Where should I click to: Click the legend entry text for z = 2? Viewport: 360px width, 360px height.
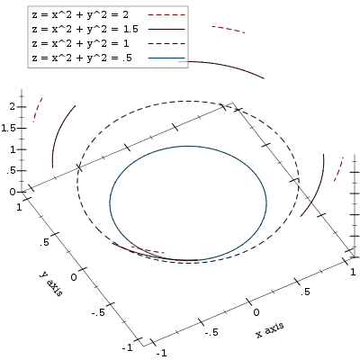coord(80,14)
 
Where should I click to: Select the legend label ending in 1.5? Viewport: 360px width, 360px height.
coord(85,29)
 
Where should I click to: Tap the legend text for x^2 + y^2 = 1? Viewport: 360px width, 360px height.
coord(80,43)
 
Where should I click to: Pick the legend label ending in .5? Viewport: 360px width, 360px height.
coord(82,58)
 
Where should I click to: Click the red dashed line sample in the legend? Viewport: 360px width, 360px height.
coord(166,14)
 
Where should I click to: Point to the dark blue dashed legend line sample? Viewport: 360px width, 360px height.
coord(166,43)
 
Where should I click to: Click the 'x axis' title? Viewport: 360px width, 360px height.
coord(270,330)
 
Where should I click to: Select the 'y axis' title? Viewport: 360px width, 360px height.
coord(51,283)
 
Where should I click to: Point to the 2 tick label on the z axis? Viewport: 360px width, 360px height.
coord(12,106)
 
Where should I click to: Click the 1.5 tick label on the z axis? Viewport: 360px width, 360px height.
coord(8,128)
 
